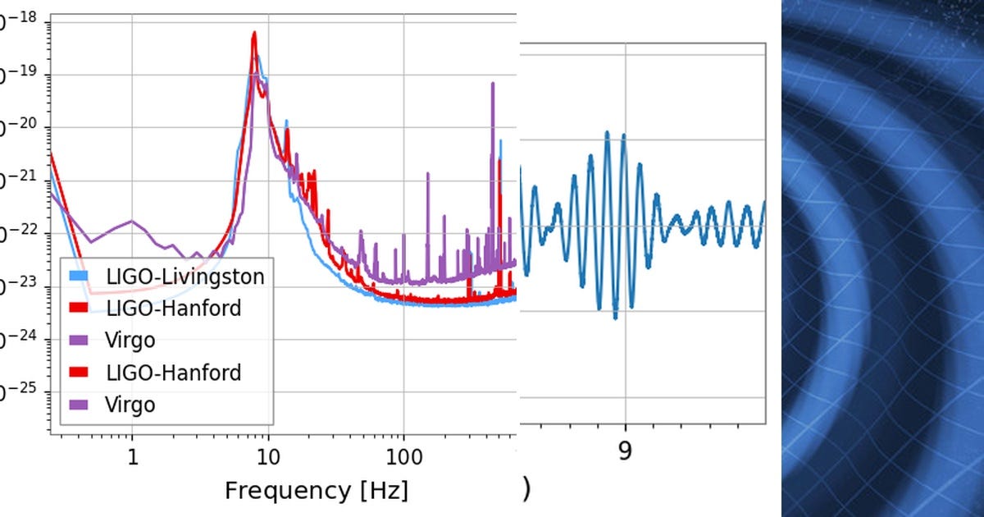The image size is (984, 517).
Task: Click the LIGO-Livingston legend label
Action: [x=185, y=277]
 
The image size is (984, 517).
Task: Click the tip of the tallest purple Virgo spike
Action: [x=493, y=83]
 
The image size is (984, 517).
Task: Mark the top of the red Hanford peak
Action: [x=254, y=33]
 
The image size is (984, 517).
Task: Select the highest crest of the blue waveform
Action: [x=608, y=131]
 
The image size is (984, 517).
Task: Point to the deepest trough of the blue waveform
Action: [x=616, y=318]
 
